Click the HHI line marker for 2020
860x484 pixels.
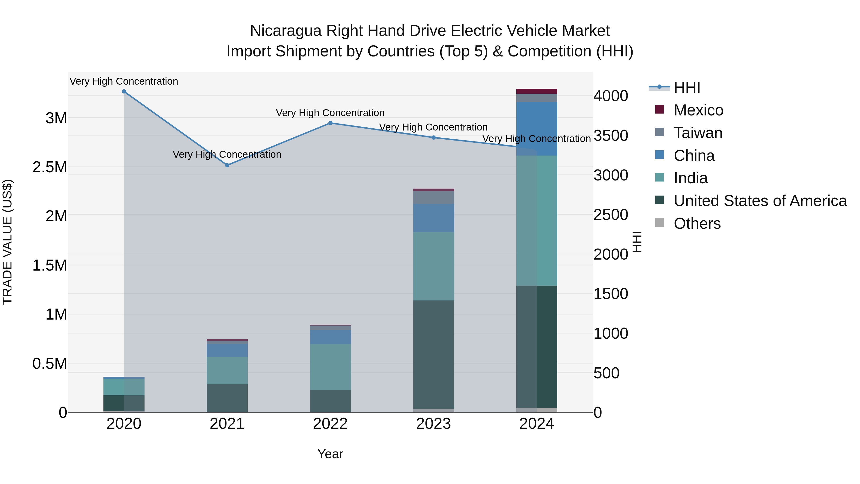coord(124,92)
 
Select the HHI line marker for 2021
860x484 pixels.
coord(227,165)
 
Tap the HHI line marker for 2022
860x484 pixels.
coord(330,123)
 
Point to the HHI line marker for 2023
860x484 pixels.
coord(433,138)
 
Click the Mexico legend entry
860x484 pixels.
coord(698,110)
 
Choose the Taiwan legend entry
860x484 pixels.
coord(698,133)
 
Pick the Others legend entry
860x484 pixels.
coord(697,223)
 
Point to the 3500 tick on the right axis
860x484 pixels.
coord(611,136)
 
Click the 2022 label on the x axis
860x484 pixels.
coord(330,424)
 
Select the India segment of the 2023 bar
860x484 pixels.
coord(433,266)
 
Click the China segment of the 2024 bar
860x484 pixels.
coord(537,129)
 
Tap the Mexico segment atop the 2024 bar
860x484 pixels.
coord(537,91)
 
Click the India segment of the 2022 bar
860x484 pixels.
coord(330,367)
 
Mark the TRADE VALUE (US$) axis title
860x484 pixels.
coord(7,242)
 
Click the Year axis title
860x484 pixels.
coord(330,454)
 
